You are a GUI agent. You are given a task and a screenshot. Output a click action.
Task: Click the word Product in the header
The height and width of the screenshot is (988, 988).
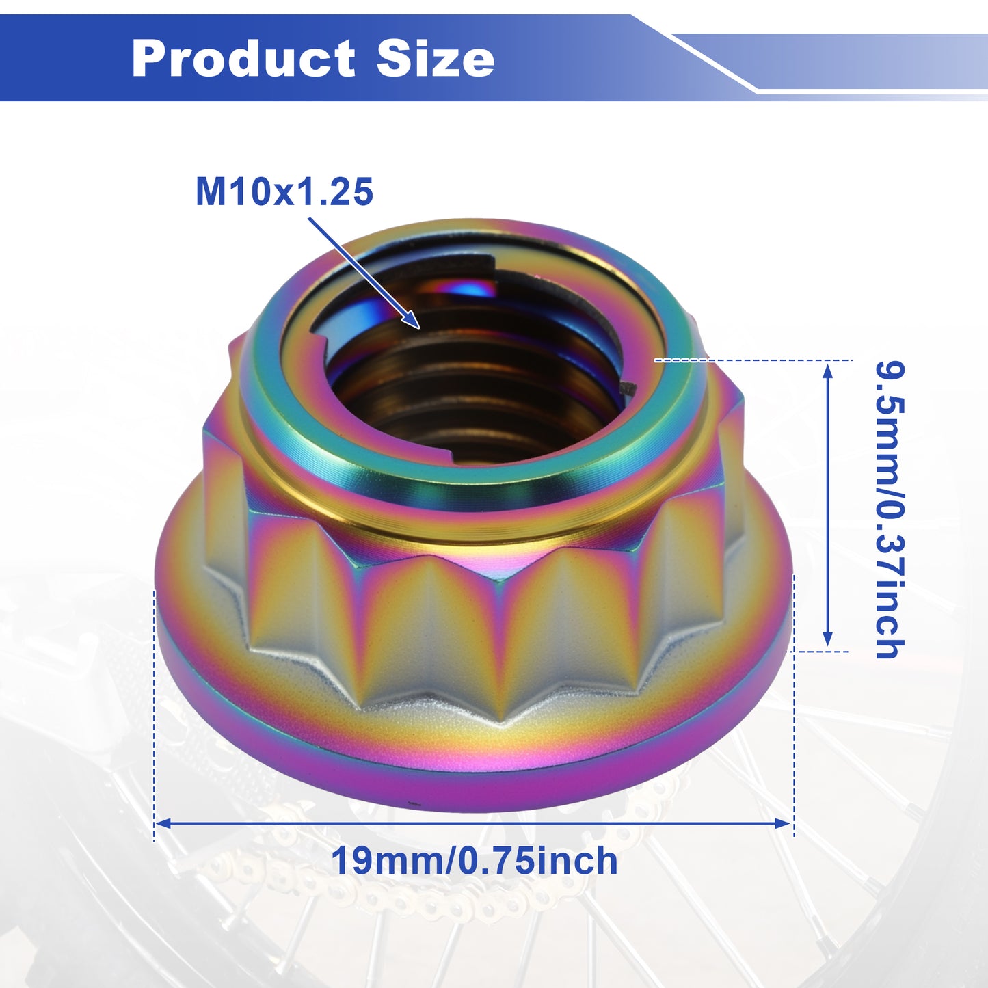click(x=243, y=59)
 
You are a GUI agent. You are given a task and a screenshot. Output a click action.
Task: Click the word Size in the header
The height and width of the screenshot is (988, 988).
click(x=436, y=58)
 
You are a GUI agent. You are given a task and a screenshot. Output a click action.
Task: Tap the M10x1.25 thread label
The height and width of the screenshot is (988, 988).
click(x=284, y=192)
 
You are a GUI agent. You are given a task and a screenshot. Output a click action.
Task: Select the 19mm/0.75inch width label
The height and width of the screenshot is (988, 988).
click(x=475, y=861)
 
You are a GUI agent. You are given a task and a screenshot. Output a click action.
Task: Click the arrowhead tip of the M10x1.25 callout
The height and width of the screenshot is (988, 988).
click(x=419, y=328)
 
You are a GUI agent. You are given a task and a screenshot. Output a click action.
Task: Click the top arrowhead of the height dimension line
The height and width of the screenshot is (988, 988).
click(x=827, y=362)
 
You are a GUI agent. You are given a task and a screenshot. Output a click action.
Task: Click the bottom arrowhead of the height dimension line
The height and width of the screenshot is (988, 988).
click(x=827, y=645)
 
